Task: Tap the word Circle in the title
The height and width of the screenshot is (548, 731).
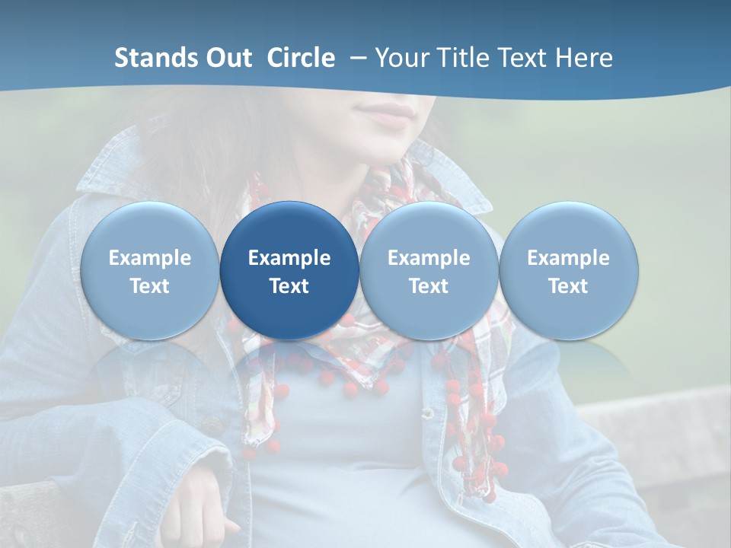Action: [301, 58]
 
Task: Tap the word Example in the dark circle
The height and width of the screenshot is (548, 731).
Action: [289, 258]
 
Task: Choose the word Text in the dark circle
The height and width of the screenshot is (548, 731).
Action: [289, 286]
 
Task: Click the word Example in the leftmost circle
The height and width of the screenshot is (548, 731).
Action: [150, 258]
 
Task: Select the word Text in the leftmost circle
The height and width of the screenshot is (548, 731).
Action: [150, 286]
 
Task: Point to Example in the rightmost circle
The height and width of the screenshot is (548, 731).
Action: [568, 258]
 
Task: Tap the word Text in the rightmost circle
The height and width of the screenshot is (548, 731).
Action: [568, 286]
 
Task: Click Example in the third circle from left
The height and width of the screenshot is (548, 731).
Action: [429, 258]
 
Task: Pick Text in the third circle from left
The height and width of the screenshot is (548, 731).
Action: [429, 286]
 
